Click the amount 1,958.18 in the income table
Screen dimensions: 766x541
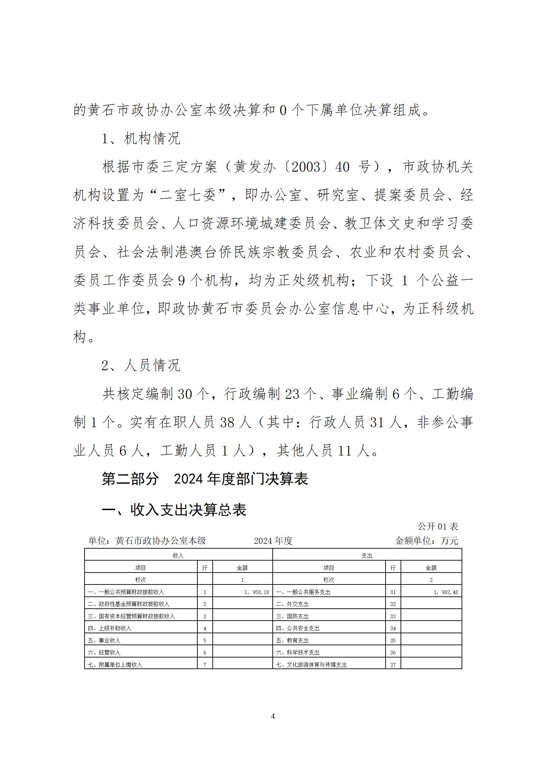click(x=257, y=592)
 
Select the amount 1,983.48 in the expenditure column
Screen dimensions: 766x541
click(x=446, y=592)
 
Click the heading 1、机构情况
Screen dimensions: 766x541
click(x=141, y=139)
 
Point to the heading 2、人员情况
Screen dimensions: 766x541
click(x=141, y=365)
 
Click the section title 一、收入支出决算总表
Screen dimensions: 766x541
click(x=174, y=510)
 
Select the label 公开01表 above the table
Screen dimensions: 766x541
click(x=438, y=526)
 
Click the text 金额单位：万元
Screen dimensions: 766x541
click(x=426, y=541)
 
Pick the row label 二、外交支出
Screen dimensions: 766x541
click(x=292, y=604)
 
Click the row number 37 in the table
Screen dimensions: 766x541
click(x=393, y=665)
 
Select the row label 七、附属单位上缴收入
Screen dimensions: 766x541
click(x=115, y=665)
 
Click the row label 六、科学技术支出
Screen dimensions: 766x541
click(x=298, y=652)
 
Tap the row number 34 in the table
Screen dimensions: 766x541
click(x=393, y=628)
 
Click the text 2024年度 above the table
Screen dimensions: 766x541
click(x=273, y=541)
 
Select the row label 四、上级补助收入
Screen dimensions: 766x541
click(x=109, y=628)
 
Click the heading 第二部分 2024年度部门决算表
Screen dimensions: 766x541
click(x=205, y=479)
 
